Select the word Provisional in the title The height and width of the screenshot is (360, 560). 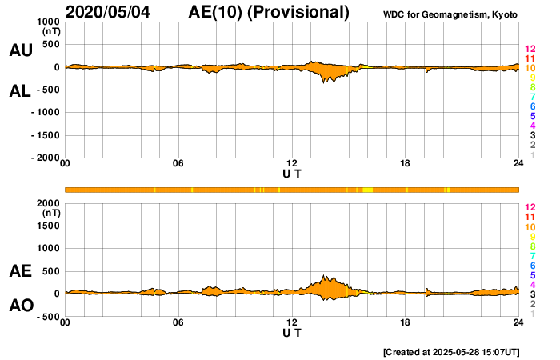[299, 12]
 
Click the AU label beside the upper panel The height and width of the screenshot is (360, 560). [20, 50]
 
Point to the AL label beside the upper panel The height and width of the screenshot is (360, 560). [20, 91]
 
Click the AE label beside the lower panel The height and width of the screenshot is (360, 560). [20, 272]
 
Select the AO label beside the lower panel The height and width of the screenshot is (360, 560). [20, 306]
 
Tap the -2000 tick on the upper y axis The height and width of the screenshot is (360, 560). [46, 158]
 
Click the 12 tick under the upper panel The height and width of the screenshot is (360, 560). [292, 164]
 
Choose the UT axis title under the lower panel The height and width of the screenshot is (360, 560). [292, 332]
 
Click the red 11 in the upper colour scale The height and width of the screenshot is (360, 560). [530, 58]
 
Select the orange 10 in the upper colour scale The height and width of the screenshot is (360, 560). [530, 68]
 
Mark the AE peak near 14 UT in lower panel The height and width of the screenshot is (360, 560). [325, 275]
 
